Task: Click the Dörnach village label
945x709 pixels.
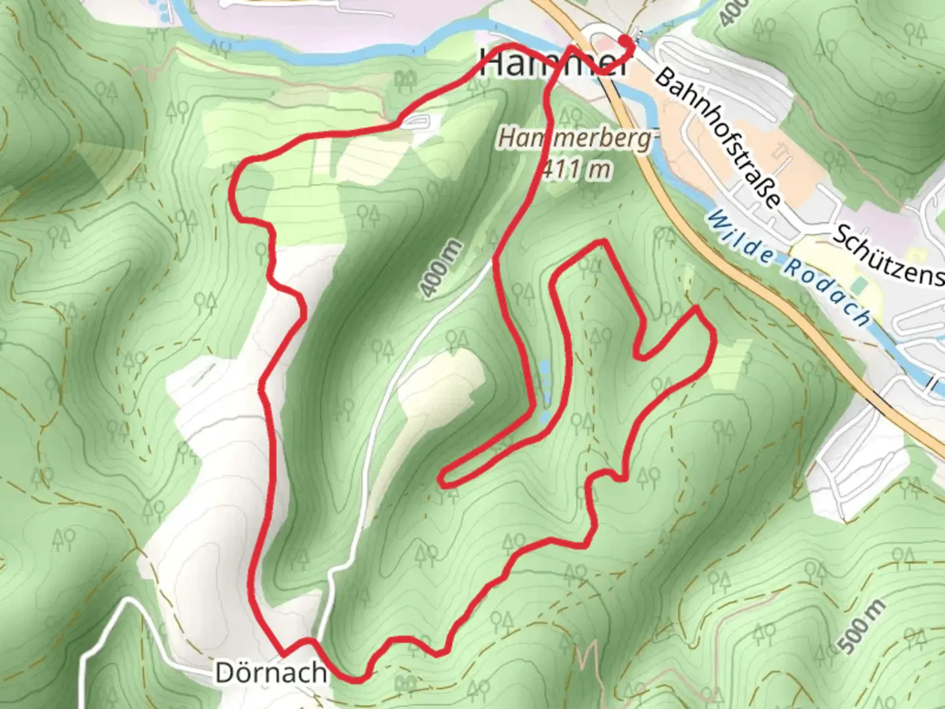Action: click(270, 672)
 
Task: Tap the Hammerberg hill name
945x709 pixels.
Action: click(576, 139)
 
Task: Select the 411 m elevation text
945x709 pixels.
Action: click(576, 169)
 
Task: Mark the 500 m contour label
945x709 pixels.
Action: click(860, 627)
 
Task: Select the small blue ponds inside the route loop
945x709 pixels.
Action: click(544, 391)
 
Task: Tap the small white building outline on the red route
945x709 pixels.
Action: click(415, 121)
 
